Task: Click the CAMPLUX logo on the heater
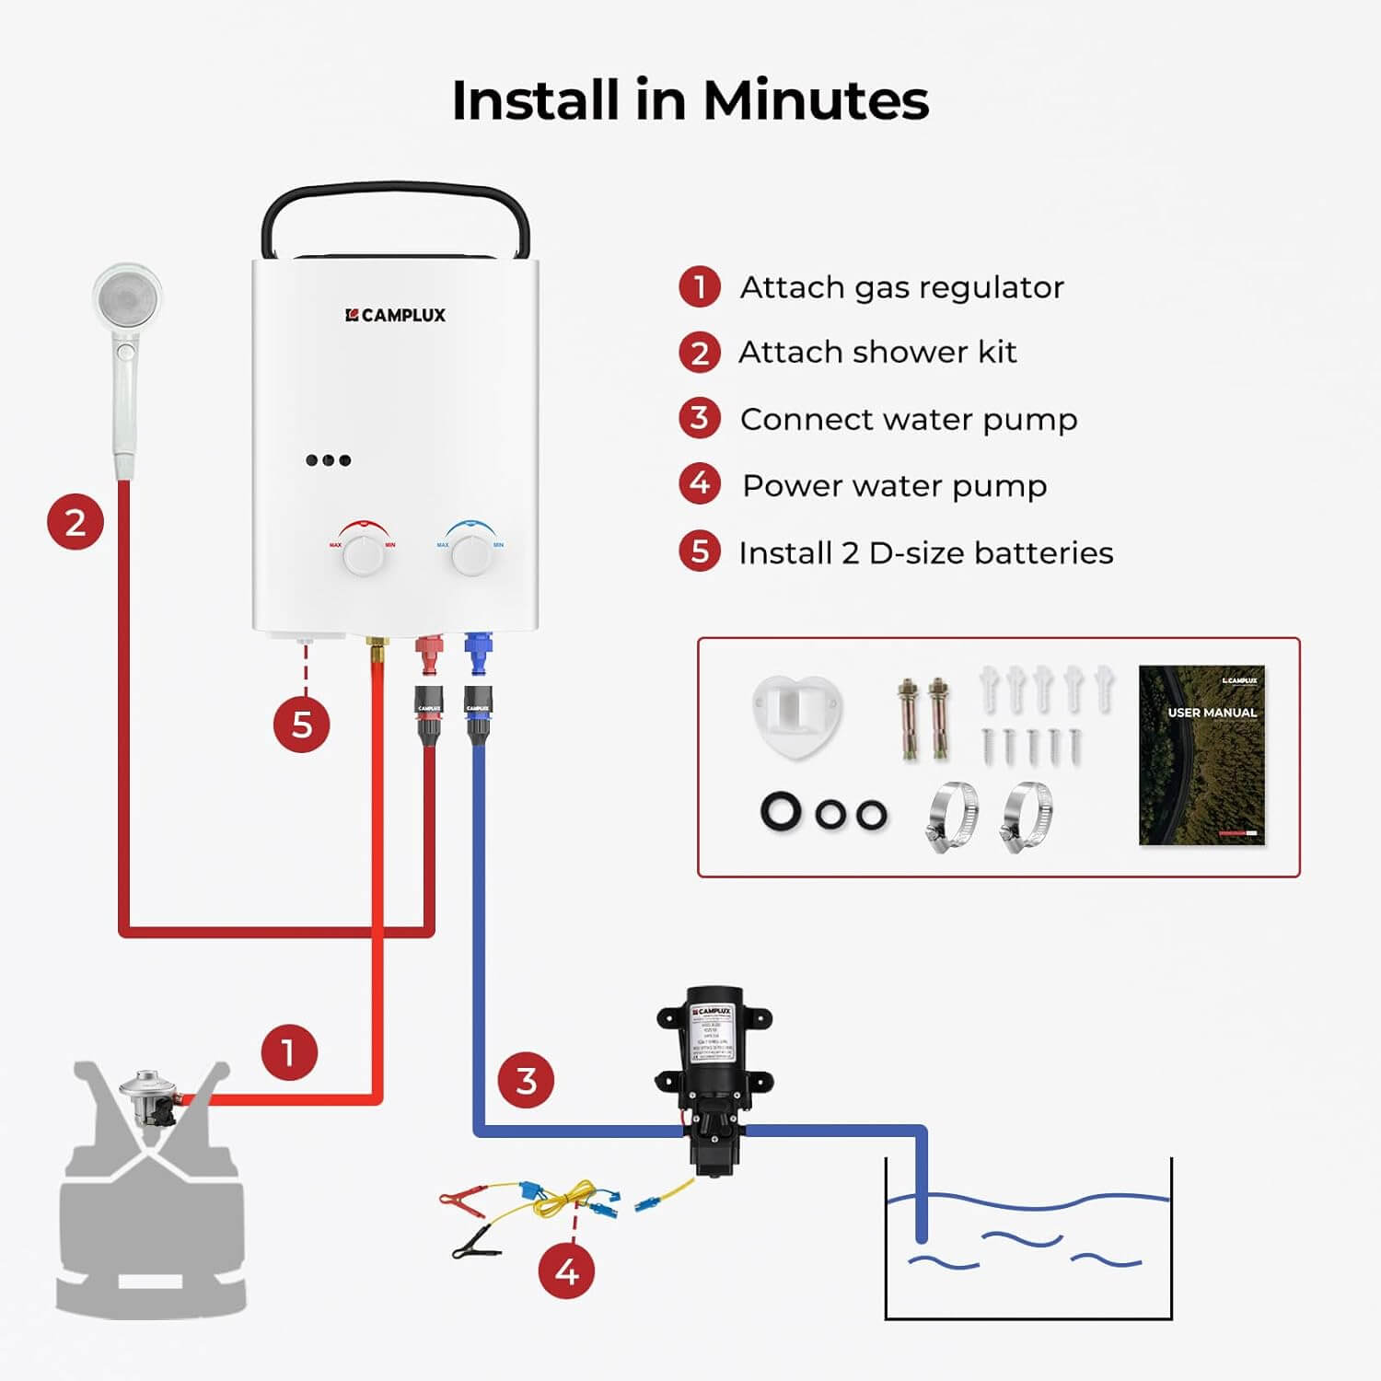tap(395, 315)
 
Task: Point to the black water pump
tap(713, 1077)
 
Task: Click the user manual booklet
tap(1201, 755)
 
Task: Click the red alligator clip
tap(460, 1201)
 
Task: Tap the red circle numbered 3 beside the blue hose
tap(526, 1080)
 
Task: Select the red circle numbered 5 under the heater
tap(301, 725)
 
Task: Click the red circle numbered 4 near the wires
tap(566, 1271)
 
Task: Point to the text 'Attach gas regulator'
tap(901, 287)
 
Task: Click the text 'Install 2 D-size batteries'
tap(925, 552)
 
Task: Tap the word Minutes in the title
tap(816, 99)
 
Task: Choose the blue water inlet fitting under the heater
tap(477, 655)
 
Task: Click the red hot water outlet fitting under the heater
tap(429, 655)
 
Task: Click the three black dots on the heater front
tap(329, 460)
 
